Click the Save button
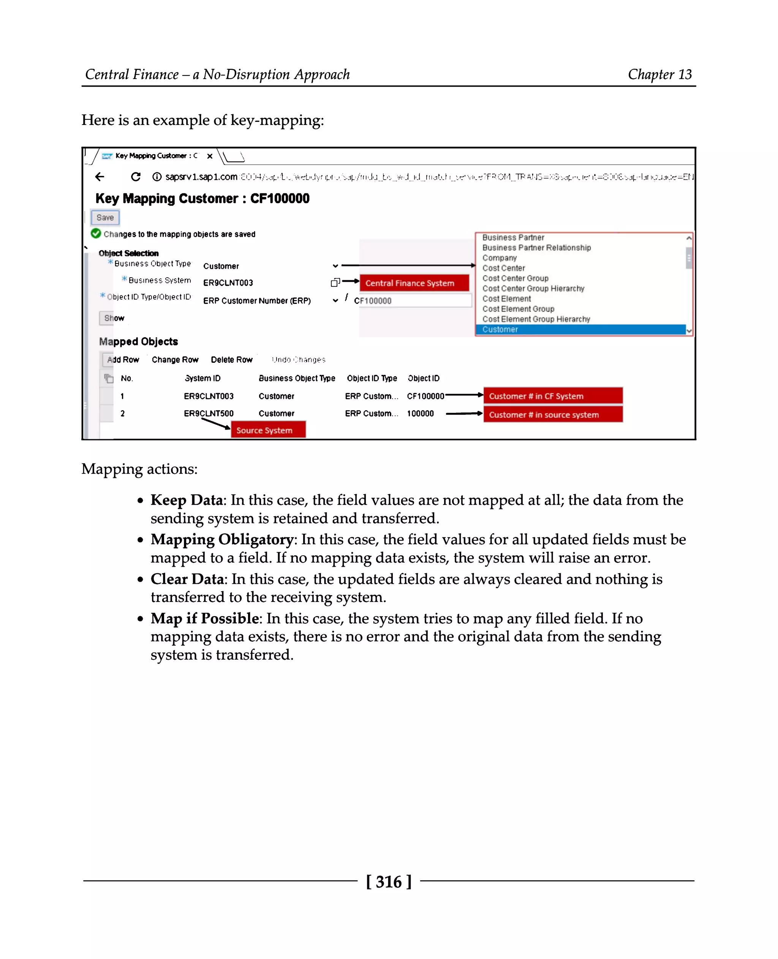pyautogui.click(x=105, y=217)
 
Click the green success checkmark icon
pyautogui.click(x=95, y=234)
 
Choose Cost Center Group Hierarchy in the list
pyautogui.click(x=533, y=289)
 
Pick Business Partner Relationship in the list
pyautogui.click(x=536, y=248)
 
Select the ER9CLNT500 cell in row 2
pyautogui.click(x=209, y=413)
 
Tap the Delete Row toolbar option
pyautogui.click(x=231, y=359)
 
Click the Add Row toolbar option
pyautogui.click(x=123, y=359)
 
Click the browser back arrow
pyautogui.click(x=100, y=177)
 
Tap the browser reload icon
pyautogui.click(x=135, y=177)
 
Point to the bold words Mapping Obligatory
pyautogui.click(x=222, y=539)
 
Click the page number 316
pyautogui.click(x=389, y=882)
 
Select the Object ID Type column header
pyautogui.click(x=372, y=378)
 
